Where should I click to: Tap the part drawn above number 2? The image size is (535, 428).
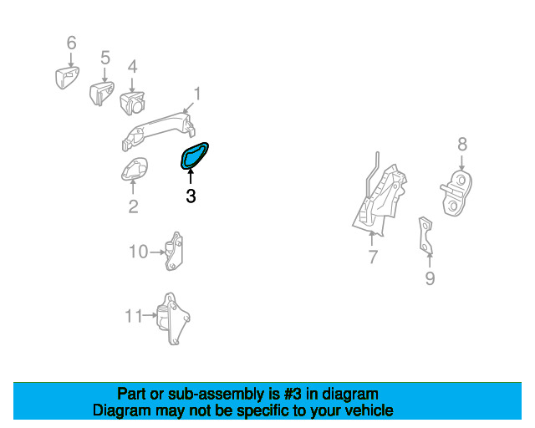click(134, 170)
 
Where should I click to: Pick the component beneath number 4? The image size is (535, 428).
click(132, 102)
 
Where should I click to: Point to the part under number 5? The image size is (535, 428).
click(101, 91)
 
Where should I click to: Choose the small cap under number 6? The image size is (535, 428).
click(66, 78)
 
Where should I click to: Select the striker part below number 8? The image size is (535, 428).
click(456, 194)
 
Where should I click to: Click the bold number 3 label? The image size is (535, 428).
click(191, 197)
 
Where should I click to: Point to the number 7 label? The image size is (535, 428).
click(373, 257)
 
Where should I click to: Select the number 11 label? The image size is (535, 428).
click(134, 316)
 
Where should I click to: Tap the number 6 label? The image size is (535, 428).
click(71, 43)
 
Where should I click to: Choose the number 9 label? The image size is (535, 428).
click(430, 278)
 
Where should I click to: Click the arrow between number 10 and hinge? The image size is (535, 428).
click(156, 251)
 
